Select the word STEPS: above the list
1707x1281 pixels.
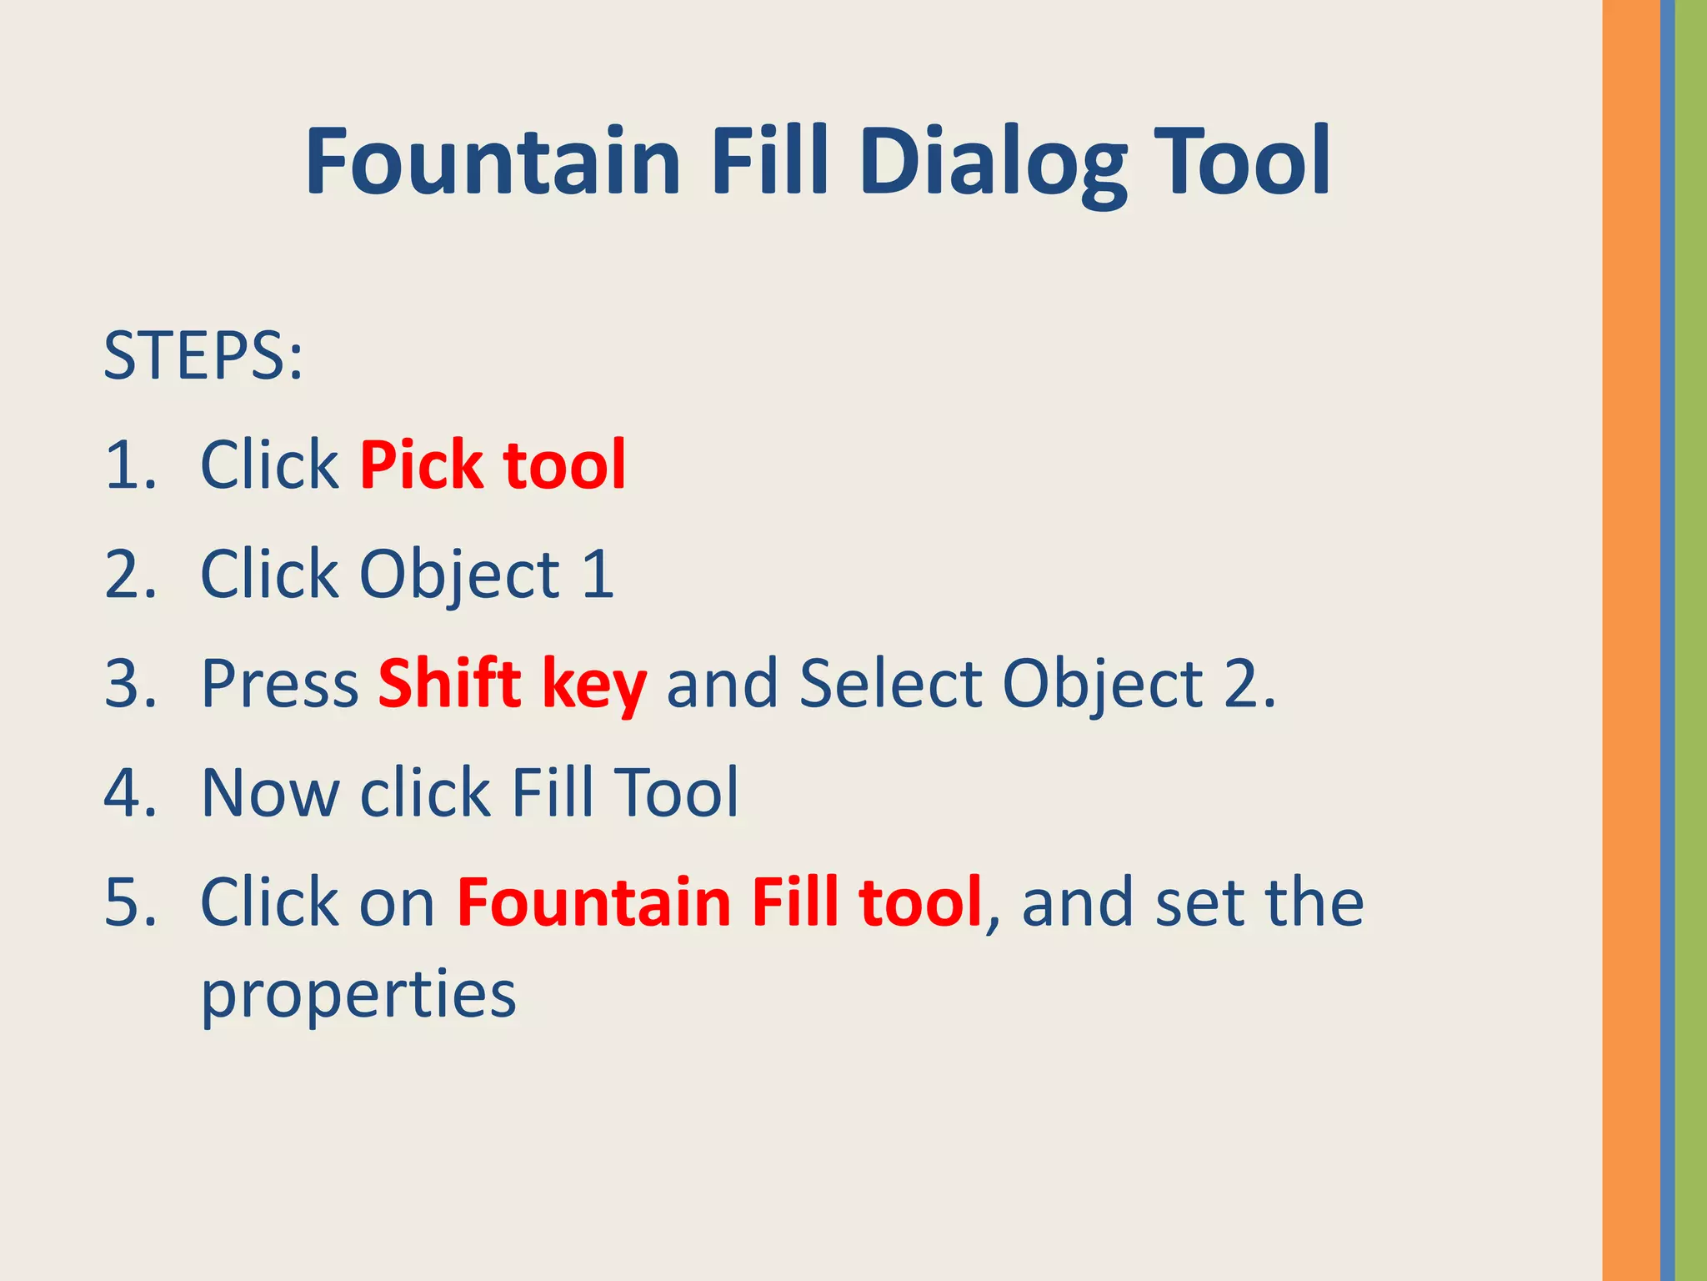click(203, 356)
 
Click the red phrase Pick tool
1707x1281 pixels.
click(493, 465)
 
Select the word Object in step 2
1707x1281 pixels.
click(460, 576)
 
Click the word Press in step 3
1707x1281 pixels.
click(280, 684)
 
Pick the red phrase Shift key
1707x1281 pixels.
click(512, 684)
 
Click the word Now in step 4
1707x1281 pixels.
click(270, 793)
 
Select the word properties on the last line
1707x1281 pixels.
click(358, 995)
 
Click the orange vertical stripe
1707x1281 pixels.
click(1630, 640)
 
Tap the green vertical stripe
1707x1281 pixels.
click(1691, 640)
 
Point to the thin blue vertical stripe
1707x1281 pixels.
click(1667, 640)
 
